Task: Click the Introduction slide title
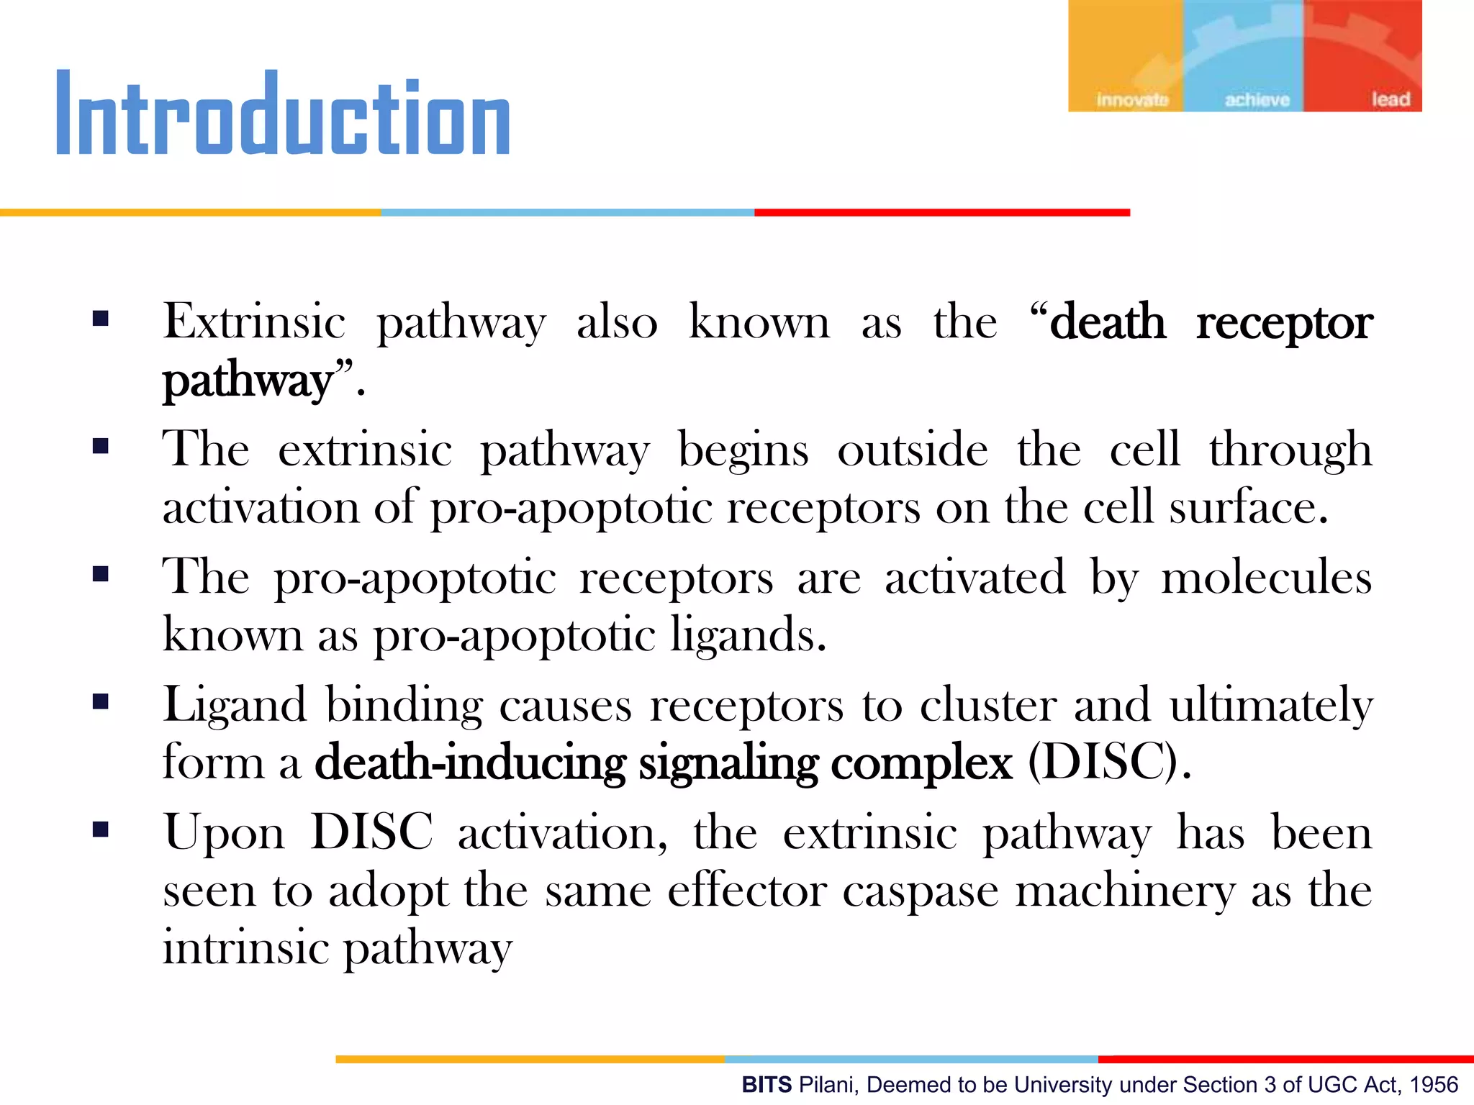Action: (283, 114)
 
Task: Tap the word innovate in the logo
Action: (1131, 100)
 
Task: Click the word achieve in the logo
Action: (1257, 100)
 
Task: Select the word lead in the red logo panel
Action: (1390, 99)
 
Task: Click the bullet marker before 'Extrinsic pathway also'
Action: (101, 319)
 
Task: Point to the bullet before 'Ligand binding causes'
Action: (101, 701)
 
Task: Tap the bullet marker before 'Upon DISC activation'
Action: (101, 830)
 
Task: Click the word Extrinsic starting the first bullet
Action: (254, 322)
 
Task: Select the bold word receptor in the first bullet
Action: (1284, 323)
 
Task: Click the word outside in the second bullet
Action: (913, 450)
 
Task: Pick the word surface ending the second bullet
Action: (1247, 507)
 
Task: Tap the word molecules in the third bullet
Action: (1267, 578)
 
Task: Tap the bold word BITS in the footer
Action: (767, 1084)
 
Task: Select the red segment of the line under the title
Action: (941, 213)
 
